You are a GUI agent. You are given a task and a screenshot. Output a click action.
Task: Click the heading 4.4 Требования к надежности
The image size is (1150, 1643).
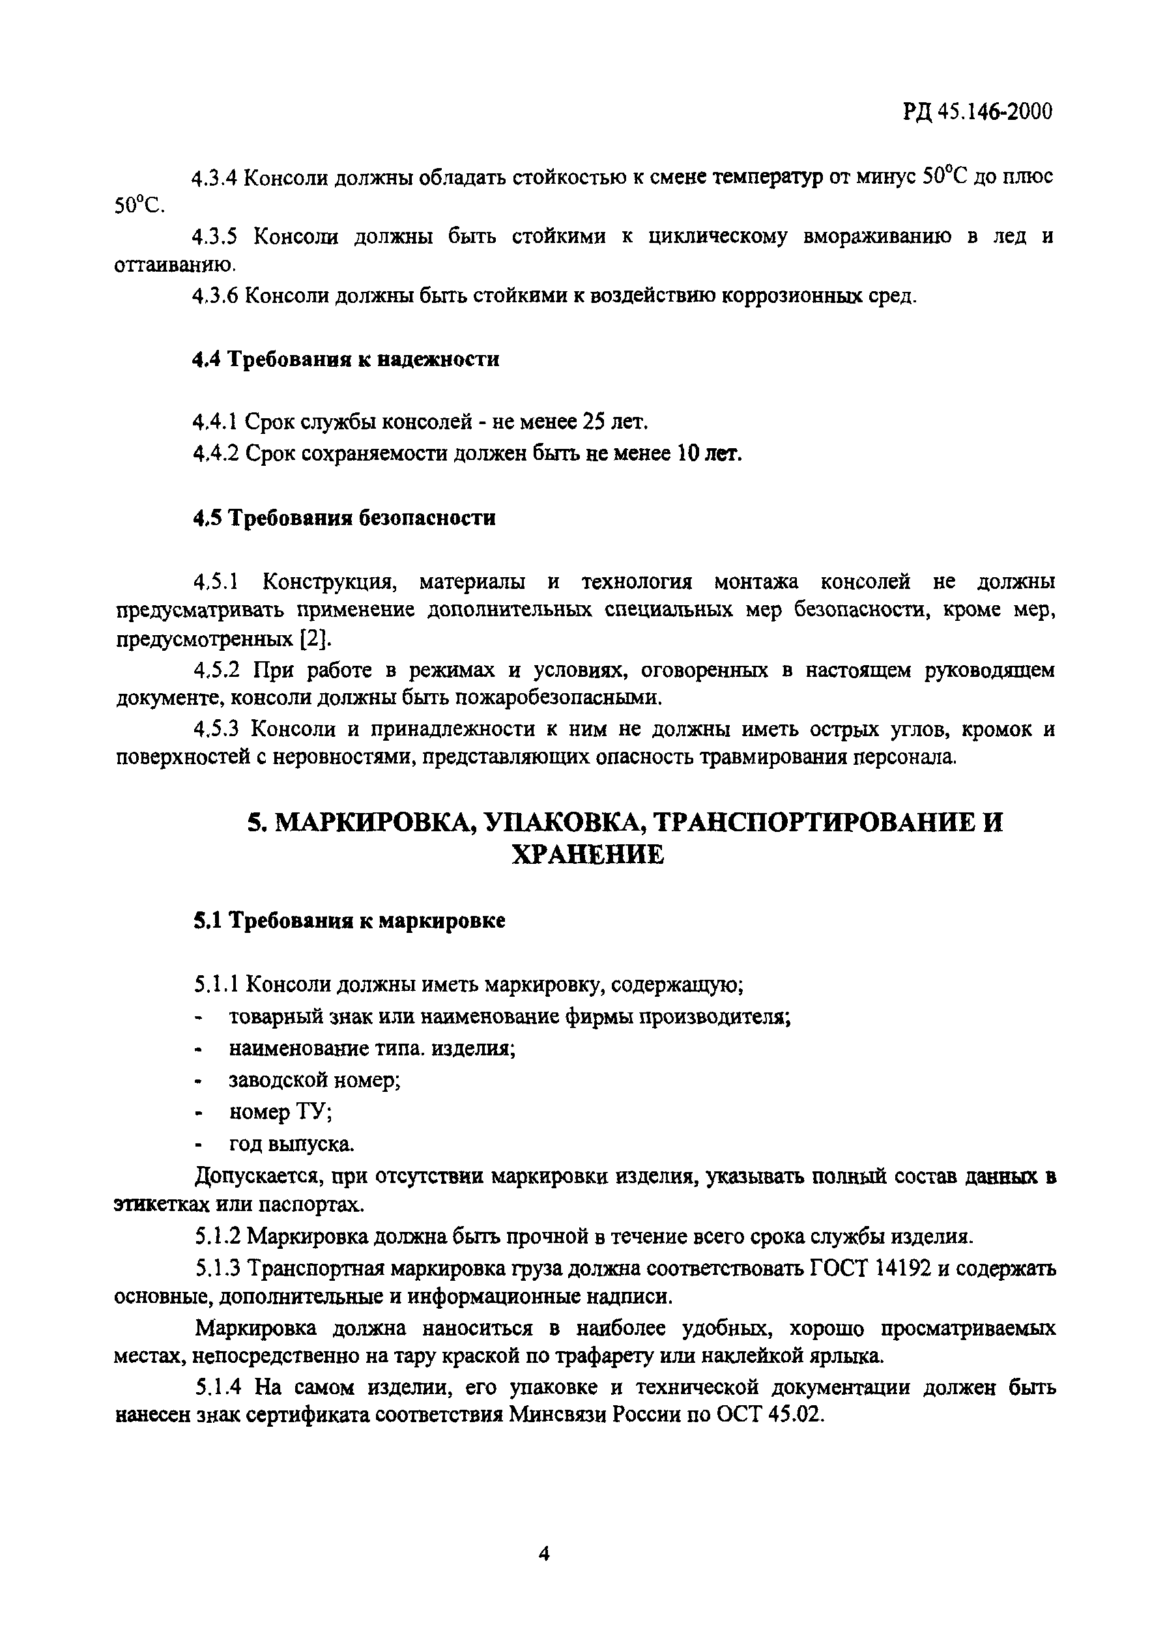tap(345, 359)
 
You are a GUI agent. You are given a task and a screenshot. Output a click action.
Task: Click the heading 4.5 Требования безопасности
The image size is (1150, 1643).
tap(343, 517)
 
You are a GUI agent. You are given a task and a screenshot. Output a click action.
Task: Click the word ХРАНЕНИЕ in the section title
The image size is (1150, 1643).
tap(588, 855)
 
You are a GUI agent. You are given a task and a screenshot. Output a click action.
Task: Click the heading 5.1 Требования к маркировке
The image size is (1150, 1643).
tap(349, 921)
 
